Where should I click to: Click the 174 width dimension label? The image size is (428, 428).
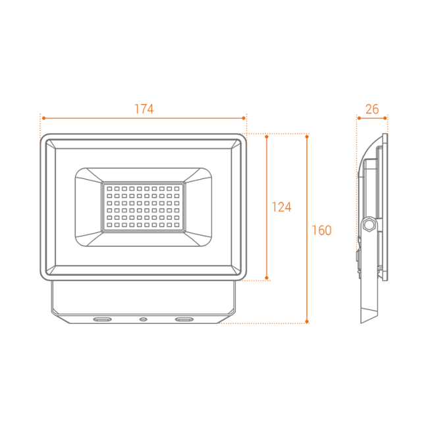pyautogui.click(x=144, y=109)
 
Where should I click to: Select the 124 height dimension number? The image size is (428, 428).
pyautogui.click(x=281, y=207)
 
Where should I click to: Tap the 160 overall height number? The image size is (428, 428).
pyautogui.click(x=321, y=230)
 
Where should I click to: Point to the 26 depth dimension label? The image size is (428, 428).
pyautogui.click(x=372, y=109)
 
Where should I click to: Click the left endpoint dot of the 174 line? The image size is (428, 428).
pyautogui.click(x=43, y=118)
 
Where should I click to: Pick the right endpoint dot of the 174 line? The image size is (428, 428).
pyautogui.click(x=244, y=118)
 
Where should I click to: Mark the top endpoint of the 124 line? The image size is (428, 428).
pyautogui.click(x=267, y=136)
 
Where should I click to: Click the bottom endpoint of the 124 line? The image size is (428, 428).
pyautogui.click(x=267, y=278)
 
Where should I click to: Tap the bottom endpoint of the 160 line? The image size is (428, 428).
pyautogui.click(x=307, y=321)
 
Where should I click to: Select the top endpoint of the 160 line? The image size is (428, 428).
pyautogui.click(x=307, y=136)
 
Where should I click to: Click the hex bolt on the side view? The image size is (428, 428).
pyautogui.click(x=369, y=225)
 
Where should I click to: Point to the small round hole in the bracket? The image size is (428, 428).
pyautogui.click(x=144, y=319)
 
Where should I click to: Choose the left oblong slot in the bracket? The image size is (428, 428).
pyautogui.click(x=102, y=319)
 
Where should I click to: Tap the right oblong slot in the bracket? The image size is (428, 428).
pyautogui.click(x=184, y=319)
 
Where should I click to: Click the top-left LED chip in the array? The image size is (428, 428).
pyautogui.click(x=109, y=188)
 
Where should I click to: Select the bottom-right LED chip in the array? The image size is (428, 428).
pyautogui.click(x=177, y=225)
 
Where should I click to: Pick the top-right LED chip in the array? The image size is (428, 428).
pyautogui.click(x=177, y=188)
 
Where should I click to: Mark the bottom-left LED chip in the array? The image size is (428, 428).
pyautogui.click(x=109, y=225)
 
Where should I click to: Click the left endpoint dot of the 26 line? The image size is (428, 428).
pyautogui.click(x=359, y=118)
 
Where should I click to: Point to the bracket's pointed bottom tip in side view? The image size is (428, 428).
pyautogui.click(x=361, y=323)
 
